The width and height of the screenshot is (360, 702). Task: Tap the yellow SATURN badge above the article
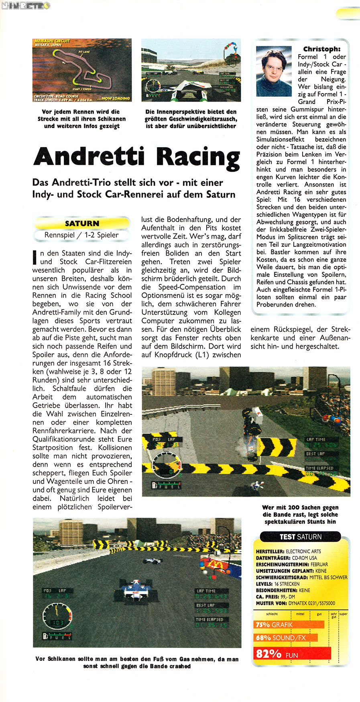(x=82, y=223)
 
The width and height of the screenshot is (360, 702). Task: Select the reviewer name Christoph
(x=321, y=49)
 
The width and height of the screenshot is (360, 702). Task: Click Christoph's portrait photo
(x=274, y=71)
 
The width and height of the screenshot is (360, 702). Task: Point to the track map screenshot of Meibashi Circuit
(x=82, y=70)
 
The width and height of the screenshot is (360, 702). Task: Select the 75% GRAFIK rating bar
(x=289, y=625)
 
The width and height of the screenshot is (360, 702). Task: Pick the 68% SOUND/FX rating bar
(x=285, y=637)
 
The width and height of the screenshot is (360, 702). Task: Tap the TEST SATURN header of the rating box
(x=301, y=537)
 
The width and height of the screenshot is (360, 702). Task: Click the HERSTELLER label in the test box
(x=270, y=552)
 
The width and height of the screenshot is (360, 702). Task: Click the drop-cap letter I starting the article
(x=35, y=257)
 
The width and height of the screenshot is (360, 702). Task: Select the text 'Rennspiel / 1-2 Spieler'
(x=81, y=235)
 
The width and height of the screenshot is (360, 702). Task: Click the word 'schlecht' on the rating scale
(x=272, y=614)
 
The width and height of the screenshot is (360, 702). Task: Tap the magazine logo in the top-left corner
(x=25, y=6)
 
